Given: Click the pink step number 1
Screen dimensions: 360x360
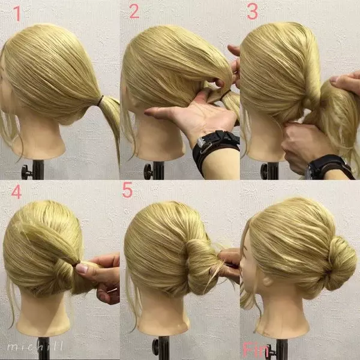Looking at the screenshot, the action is pyautogui.click(x=17, y=13).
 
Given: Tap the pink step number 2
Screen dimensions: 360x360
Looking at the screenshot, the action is pyautogui.click(x=134, y=11).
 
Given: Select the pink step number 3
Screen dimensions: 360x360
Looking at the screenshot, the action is pyautogui.click(x=253, y=11).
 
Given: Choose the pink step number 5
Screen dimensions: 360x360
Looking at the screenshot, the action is pyautogui.click(x=127, y=190).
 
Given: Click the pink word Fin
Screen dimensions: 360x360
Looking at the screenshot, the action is pyautogui.click(x=256, y=350).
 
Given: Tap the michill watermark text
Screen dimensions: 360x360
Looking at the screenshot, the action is pyautogui.click(x=35, y=346).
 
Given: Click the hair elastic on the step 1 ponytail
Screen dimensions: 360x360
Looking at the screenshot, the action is pyautogui.click(x=101, y=100).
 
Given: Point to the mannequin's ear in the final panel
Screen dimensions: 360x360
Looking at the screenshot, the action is pyautogui.click(x=267, y=281).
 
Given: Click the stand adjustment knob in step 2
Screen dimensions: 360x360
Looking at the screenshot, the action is pyautogui.click(x=148, y=171).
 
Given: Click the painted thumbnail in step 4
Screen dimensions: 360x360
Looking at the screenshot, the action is pyautogui.click(x=81, y=268).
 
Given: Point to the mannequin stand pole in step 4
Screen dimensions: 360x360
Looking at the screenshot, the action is pyautogui.click(x=44, y=348).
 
